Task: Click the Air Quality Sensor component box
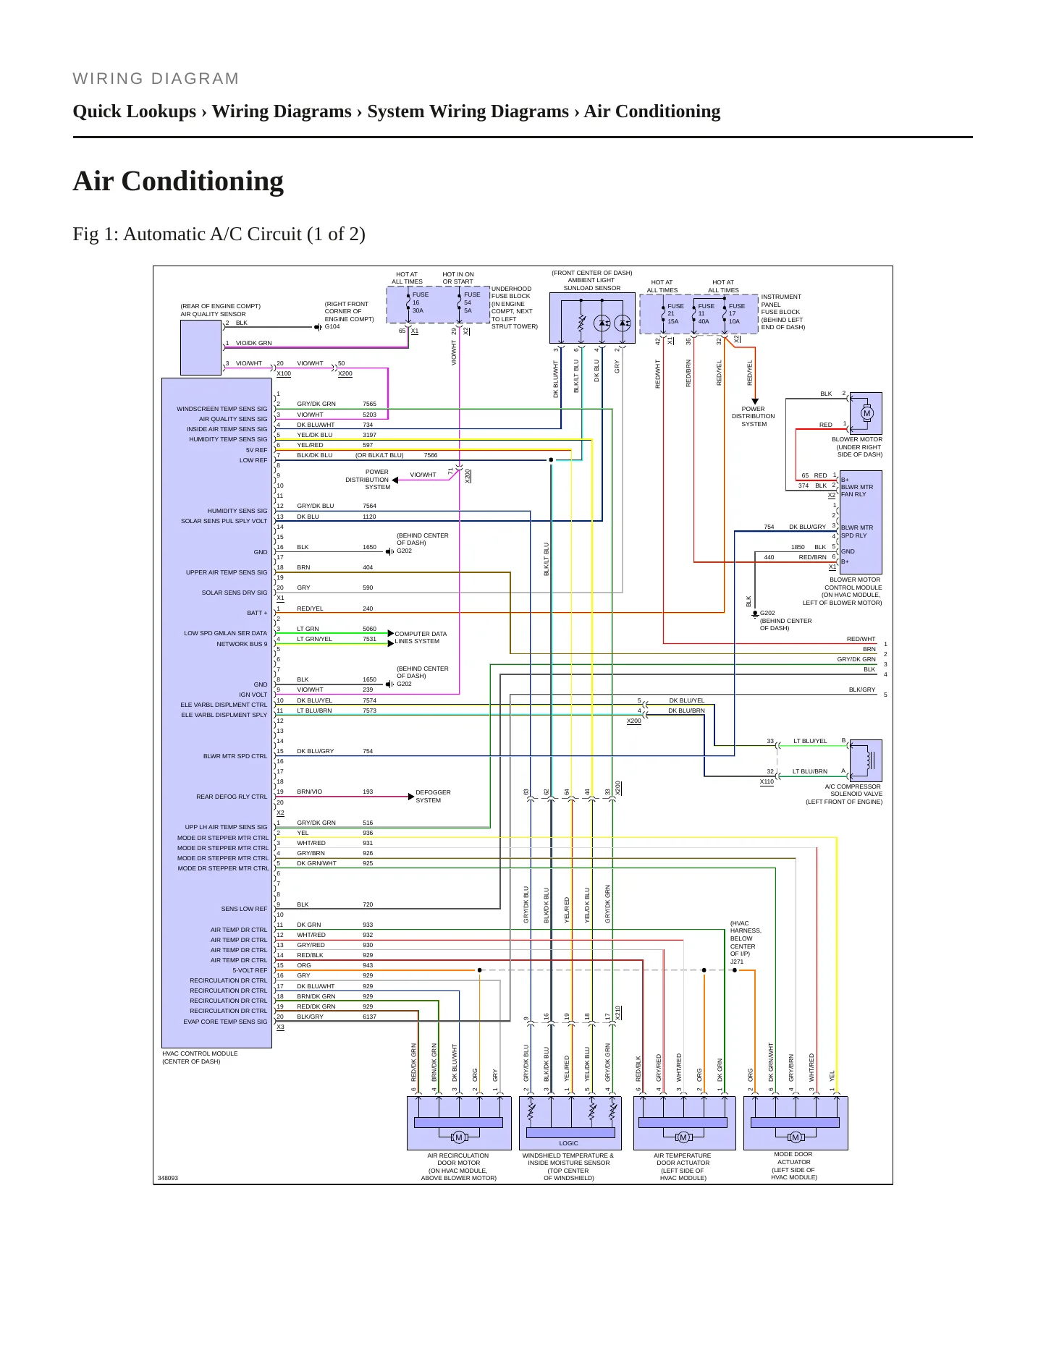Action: tap(201, 347)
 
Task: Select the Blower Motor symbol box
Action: tap(866, 413)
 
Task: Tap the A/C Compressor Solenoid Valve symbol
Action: tap(866, 760)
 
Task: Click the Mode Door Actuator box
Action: tap(796, 1123)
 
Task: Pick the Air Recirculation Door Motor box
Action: tap(459, 1123)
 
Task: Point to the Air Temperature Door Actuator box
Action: tap(684, 1123)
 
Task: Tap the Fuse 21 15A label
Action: tap(675, 314)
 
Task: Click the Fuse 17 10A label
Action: tap(736, 314)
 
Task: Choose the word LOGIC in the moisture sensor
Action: tap(569, 1143)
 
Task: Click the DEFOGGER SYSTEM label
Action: tap(433, 796)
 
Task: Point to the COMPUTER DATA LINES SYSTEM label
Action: tap(421, 637)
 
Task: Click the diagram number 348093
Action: tap(168, 1178)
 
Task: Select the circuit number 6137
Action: tap(369, 1017)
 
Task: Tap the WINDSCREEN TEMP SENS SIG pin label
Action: tap(222, 409)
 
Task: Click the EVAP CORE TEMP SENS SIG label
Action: tap(225, 1022)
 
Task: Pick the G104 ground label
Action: tap(332, 326)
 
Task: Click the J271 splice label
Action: tap(737, 962)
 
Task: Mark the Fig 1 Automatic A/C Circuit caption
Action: tap(219, 234)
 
